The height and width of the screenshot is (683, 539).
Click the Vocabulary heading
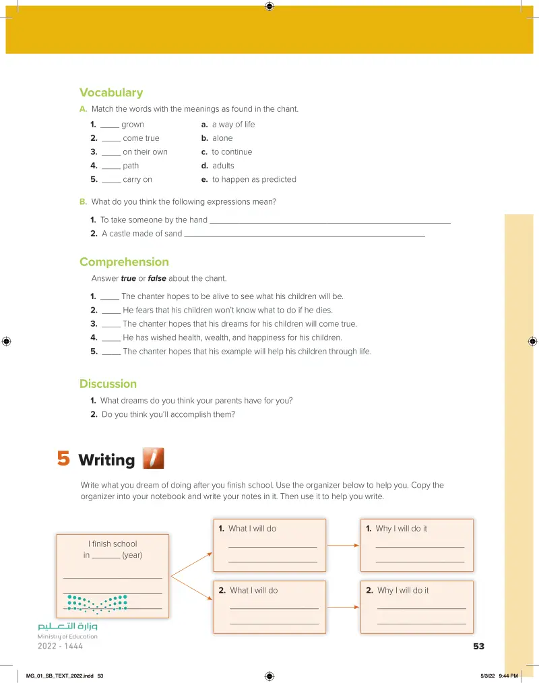click(111, 93)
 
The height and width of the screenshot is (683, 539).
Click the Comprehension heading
click(124, 262)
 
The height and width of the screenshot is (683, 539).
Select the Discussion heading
click(108, 384)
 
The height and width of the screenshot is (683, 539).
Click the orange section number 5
click(63, 459)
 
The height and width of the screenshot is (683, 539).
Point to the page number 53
click(478, 646)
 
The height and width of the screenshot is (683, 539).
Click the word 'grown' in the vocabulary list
click(133, 125)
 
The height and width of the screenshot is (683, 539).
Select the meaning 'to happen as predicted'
click(253, 180)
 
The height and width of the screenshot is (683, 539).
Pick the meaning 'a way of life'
click(233, 125)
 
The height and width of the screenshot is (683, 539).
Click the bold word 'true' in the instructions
click(128, 279)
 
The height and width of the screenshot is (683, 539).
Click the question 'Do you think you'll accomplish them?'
click(168, 415)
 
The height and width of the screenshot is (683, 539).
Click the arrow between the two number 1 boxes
click(343, 545)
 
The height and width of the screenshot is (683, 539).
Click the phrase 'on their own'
click(145, 152)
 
